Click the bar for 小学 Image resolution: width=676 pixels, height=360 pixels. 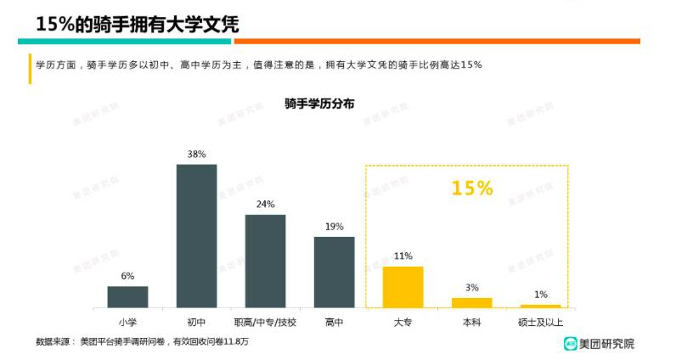coord(127,296)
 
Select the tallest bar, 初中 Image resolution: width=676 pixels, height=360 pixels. coord(196,235)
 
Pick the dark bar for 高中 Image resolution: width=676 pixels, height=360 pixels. coord(334,271)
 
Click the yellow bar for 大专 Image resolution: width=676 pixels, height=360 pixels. coord(403,286)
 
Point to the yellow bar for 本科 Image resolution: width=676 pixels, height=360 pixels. coord(471,302)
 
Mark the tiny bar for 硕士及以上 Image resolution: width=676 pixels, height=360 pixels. coord(540,306)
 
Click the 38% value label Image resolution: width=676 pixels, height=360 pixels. coord(196,155)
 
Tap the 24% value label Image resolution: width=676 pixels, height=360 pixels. coord(265,205)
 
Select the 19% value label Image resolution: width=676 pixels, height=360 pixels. coord(334,227)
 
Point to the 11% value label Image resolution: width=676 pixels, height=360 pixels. coord(403,256)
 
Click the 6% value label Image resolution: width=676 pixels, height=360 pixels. coord(127,276)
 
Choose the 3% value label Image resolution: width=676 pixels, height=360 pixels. coord(471,288)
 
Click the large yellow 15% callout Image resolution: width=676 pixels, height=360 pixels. coord(472,188)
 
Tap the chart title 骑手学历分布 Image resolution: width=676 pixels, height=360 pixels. coord(320,103)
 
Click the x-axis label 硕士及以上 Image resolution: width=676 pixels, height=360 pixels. coord(540,322)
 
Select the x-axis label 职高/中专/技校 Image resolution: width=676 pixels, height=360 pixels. coord(265,322)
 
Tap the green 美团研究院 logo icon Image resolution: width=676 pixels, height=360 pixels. coord(572,343)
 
